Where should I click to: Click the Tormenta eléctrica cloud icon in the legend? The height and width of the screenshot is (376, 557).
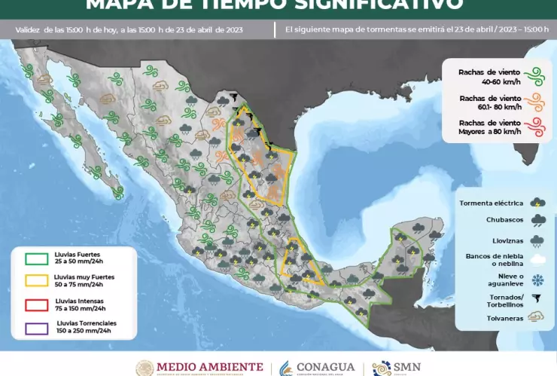(x=537, y=202)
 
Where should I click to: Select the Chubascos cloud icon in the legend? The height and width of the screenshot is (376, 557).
(x=537, y=221)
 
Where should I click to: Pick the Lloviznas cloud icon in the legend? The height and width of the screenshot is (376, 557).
(x=537, y=241)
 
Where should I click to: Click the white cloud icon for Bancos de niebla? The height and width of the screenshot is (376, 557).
(x=537, y=260)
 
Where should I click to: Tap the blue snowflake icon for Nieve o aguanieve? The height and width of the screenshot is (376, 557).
(x=537, y=280)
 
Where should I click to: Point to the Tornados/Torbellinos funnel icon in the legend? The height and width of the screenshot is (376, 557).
(x=537, y=299)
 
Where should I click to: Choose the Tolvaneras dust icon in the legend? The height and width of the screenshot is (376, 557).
(x=537, y=317)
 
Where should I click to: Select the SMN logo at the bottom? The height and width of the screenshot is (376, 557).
(x=399, y=368)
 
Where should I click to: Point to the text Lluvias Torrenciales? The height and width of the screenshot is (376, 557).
(x=84, y=323)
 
